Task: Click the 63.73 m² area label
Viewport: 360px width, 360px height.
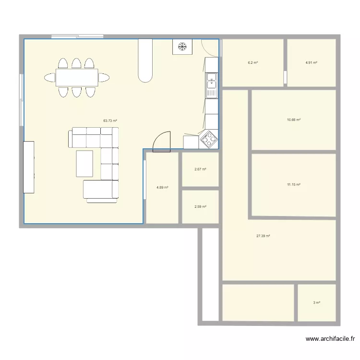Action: [x=110, y=121]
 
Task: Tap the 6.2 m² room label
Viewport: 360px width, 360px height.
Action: [x=253, y=63]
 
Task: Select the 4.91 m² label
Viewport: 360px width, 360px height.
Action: [x=312, y=63]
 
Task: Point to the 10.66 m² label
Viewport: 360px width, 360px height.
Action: [x=293, y=120]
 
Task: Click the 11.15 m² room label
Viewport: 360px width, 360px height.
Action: [x=293, y=184]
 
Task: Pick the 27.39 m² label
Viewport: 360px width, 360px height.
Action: [x=264, y=236]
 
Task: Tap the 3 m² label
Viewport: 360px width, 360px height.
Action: [x=317, y=302]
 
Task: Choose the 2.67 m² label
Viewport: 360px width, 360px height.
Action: [x=200, y=169]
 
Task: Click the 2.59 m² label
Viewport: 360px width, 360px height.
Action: [x=200, y=207]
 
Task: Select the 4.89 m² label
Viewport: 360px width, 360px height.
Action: [x=162, y=187]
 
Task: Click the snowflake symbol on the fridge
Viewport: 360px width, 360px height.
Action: [x=182, y=47]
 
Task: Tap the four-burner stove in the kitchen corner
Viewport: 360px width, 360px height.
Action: [x=209, y=139]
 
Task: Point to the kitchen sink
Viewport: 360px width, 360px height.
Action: [x=212, y=84]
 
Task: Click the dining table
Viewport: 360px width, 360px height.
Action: [x=77, y=77]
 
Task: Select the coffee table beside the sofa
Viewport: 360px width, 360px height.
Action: [x=84, y=163]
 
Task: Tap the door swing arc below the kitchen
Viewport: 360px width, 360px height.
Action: [x=162, y=142]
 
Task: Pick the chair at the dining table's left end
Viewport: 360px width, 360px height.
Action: [x=50, y=77]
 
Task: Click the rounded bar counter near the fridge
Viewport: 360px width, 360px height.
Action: [x=145, y=60]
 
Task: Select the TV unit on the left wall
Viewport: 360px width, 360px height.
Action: [x=29, y=167]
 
